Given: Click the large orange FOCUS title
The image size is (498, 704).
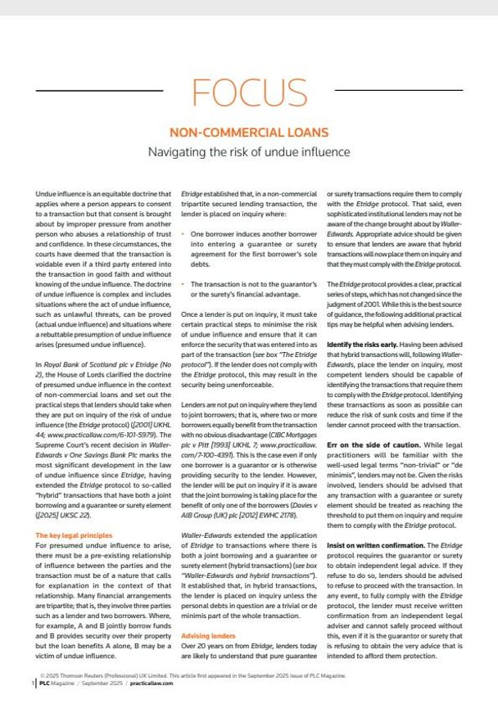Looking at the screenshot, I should coord(248,93).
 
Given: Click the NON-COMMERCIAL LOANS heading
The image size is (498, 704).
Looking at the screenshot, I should coord(248,132).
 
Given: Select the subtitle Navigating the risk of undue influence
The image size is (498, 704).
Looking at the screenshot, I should coord(248,151).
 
